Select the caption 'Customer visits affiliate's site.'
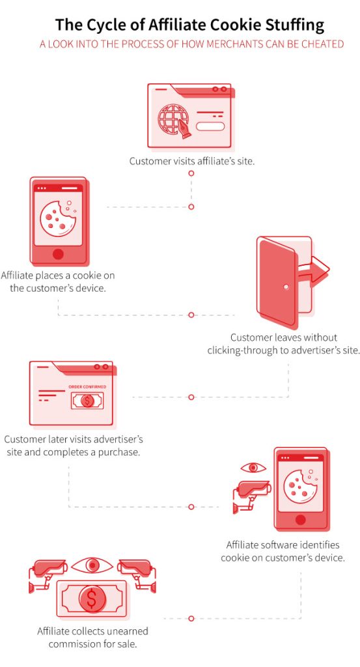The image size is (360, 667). [x=191, y=162]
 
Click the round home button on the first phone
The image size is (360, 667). [x=58, y=254]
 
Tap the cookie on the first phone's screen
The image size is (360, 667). [x=58, y=218]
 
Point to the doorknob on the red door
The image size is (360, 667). [x=286, y=287]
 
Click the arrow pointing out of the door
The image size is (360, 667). [x=314, y=272]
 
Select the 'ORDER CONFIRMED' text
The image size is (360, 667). [x=87, y=387]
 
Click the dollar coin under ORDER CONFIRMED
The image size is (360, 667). [x=87, y=401]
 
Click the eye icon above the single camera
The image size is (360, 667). [x=253, y=468]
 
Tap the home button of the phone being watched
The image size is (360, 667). [x=301, y=519]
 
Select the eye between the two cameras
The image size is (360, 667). [x=92, y=565]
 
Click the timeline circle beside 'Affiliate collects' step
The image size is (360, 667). [x=191, y=618]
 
